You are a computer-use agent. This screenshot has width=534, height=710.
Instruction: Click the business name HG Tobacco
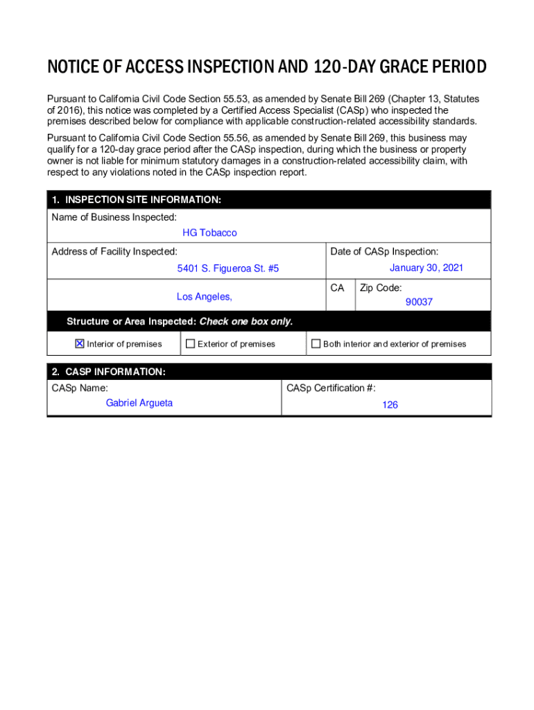[x=209, y=233]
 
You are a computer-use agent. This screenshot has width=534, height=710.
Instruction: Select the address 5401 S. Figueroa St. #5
[x=227, y=268]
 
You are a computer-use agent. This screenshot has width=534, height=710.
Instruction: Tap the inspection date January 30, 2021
[x=426, y=268]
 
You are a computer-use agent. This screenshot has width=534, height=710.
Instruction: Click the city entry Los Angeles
[x=204, y=297]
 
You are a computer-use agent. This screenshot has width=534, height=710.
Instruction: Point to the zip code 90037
[x=419, y=302]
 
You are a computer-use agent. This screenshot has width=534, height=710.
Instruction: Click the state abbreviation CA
[x=337, y=288]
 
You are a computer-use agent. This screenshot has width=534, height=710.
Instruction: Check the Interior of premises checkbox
[x=79, y=343]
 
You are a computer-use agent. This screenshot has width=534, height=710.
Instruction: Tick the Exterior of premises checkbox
[x=190, y=343]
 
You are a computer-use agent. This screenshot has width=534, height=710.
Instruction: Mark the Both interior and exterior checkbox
[x=316, y=343]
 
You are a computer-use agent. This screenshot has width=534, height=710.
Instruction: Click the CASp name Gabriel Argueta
[x=139, y=403]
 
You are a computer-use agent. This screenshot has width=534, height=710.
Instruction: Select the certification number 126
[x=390, y=405]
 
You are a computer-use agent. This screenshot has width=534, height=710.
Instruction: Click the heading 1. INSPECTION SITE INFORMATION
[x=137, y=200]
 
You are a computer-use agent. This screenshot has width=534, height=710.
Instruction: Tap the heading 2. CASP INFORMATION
[x=109, y=372]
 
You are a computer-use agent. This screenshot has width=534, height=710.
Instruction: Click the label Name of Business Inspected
[x=114, y=218]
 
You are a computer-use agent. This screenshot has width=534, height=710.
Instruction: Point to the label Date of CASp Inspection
[x=384, y=252]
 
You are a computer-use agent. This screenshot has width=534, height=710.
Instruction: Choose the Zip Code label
[x=381, y=288]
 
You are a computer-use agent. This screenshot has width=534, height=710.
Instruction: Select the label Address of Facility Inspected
[x=114, y=252]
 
